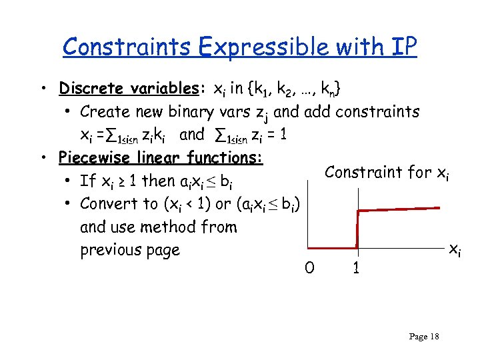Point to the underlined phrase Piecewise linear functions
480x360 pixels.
(x=161, y=158)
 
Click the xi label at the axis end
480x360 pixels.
(x=453, y=250)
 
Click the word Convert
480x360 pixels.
(x=110, y=203)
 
